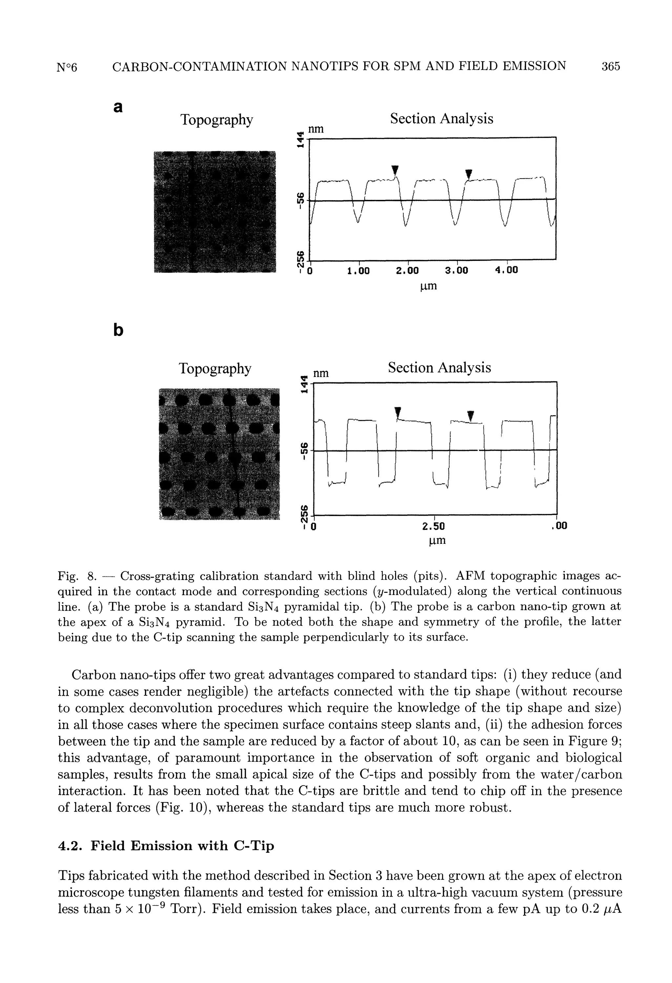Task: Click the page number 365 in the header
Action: (611, 66)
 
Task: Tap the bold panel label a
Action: (118, 107)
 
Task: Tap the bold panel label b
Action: (119, 330)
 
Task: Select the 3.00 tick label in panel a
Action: (457, 270)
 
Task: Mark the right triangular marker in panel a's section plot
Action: (468, 173)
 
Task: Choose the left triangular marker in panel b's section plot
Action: (397, 412)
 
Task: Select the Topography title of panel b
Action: (215, 368)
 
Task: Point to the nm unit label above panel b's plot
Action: (320, 373)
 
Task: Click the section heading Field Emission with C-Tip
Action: (183, 845)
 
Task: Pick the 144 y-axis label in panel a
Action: (300, 140)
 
